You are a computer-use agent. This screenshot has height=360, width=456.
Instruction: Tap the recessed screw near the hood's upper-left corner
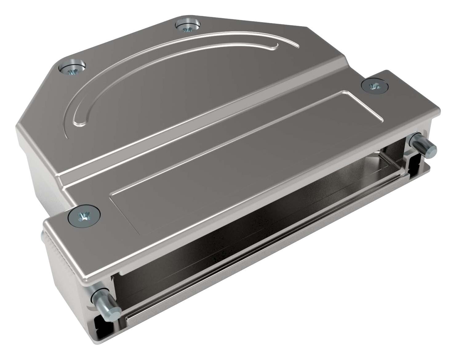(x=71, y=68)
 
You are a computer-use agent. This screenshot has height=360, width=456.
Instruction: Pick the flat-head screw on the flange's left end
(x=84, y=216)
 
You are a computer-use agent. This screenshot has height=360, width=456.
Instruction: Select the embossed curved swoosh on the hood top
(x=172, y=62)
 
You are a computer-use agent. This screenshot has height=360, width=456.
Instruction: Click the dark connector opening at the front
(x=246, y=234)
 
